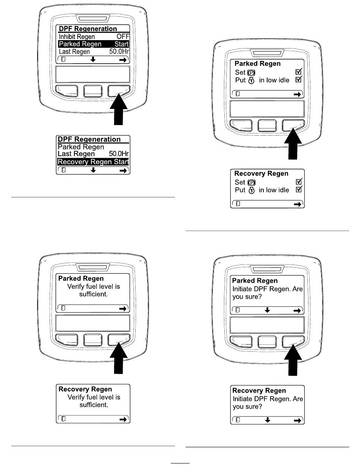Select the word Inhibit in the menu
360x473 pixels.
(67, 37)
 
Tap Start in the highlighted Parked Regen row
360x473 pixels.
(121, 44)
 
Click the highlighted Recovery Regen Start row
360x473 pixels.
(93, 162)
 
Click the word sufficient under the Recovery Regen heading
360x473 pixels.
(93, 405)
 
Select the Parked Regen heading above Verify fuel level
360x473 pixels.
(80, 279)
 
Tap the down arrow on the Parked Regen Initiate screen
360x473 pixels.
(268, 310)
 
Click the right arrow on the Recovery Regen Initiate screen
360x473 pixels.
(298, 420)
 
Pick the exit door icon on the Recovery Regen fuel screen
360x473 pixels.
(63, 419)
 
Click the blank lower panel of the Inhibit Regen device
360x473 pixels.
(92, 74)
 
